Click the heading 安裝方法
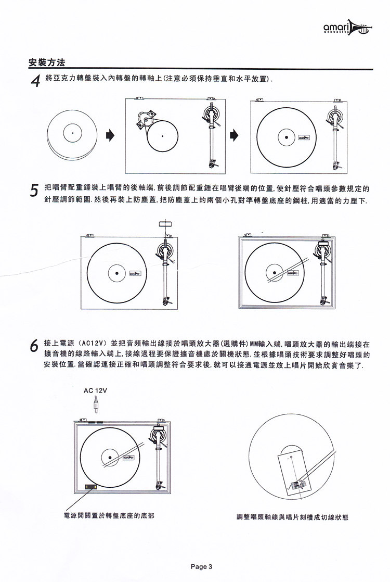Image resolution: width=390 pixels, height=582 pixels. click(x=47, y=63)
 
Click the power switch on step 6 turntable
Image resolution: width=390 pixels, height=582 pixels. click(x=90, y=487)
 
